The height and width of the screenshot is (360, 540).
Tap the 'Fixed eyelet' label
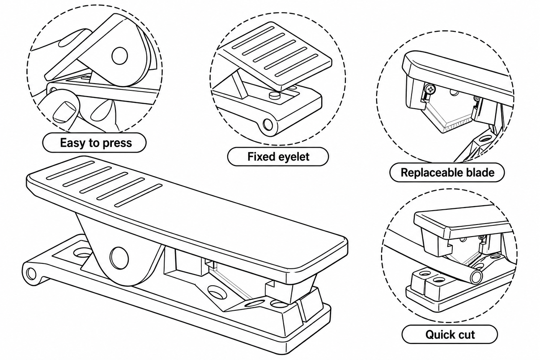pyautogui.click(x=278, y=157)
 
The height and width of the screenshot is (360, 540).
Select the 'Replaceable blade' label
pyautogui.click(x=447, y=173)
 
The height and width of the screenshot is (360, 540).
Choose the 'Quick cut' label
pyautogui.click(x=450, y=335)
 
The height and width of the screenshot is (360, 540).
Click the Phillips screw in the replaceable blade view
pyautogui.click(x=430, y=89)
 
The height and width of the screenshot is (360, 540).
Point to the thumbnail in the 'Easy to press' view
pyautogui.click(x=64, y=112)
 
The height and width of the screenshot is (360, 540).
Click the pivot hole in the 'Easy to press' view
pyautogui.click(x=120, y=55)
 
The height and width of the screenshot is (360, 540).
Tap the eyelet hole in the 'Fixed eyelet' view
pyautogui.click(x=268, y=124)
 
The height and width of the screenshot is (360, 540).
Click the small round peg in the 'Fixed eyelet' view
pyautogui.click(x=275, y=94)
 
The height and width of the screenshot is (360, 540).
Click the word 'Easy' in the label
pyautogui.click(x=73, y=143)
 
